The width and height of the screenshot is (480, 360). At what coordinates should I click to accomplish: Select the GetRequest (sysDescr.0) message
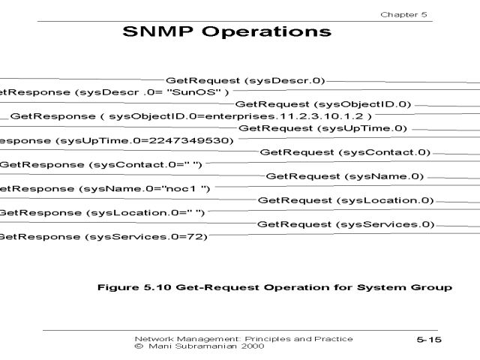tap(245, 79)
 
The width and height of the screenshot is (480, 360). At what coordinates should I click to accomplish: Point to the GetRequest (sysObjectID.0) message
tap(323, 103)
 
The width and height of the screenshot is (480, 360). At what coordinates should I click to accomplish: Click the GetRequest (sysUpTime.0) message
tap(323, 128)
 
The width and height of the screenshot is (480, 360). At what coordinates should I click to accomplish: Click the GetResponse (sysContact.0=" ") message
tap(100, 164)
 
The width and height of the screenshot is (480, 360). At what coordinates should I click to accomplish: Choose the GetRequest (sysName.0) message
tap(345, 176)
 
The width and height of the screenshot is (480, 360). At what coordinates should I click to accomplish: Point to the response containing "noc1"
tap(106, 188)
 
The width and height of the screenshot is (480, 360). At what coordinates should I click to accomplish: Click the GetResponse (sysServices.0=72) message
tap(104, 237)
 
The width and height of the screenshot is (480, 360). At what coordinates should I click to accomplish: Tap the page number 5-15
tap(430, 340)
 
